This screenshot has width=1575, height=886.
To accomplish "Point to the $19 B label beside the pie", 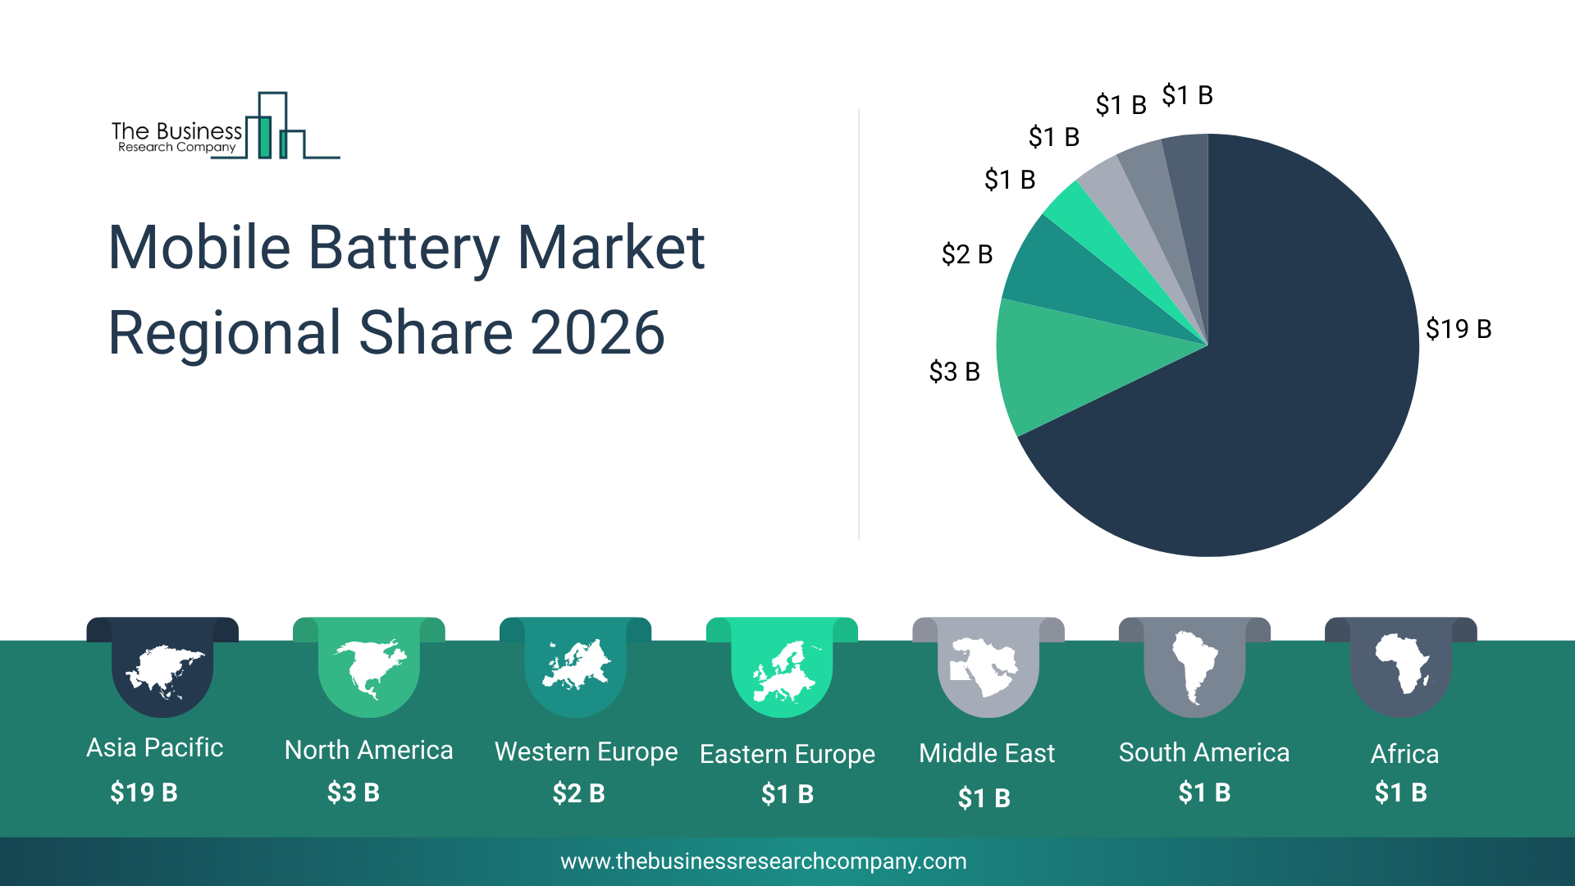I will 1458,329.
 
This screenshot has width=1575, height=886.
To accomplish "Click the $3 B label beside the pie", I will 954,372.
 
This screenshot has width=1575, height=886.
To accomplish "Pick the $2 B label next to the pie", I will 967,254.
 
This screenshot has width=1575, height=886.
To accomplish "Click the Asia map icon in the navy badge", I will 162,671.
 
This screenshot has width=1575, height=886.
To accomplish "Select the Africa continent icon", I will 1401,663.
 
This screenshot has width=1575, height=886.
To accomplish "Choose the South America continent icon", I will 1194,666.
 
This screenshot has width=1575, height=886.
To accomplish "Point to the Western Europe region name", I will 586,751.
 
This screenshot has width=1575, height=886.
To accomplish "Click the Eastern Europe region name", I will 787,754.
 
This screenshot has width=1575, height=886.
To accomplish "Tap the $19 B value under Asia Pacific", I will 144,792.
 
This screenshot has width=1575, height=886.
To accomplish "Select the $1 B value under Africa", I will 1400,792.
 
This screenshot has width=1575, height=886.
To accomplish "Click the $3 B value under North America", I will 353,792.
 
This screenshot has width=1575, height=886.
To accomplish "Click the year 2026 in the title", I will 597,333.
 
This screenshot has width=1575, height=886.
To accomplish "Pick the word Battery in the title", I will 404,248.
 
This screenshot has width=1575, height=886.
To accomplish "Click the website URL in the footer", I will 763,861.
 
